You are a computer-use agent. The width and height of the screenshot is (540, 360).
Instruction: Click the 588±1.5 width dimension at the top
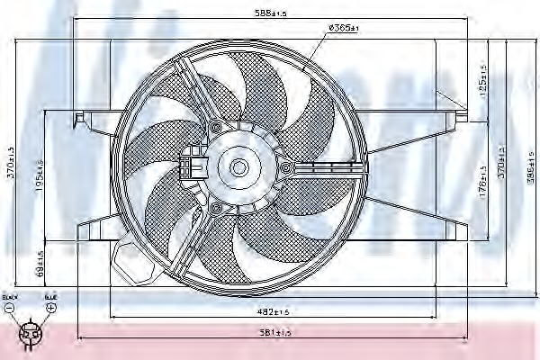tap(269, 13)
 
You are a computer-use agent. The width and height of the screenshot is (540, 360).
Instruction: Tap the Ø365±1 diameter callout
tap(343, 28)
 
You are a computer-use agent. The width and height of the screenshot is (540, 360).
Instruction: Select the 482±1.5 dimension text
tap(270, 311)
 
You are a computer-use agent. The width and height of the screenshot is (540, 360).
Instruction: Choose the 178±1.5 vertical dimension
tap(482, 191)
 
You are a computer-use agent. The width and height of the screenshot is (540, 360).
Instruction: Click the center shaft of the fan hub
tap(238, 166)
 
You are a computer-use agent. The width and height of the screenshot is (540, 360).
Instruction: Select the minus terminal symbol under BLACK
tap(10, 308)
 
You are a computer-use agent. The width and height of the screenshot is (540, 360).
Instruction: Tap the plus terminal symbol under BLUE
tap(50, 308)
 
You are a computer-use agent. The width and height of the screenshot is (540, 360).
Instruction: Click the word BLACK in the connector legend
tap(10, 296)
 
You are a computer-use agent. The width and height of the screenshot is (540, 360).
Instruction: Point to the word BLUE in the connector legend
tap(50, 296)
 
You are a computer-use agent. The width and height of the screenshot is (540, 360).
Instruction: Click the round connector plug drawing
tap(31, 334)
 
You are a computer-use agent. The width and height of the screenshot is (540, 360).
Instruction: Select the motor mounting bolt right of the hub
tap(286, 167)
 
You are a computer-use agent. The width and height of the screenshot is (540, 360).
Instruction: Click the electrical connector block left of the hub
tap(191, 166)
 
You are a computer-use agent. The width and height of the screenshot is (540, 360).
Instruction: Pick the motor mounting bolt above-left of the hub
tap(215, 128)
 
